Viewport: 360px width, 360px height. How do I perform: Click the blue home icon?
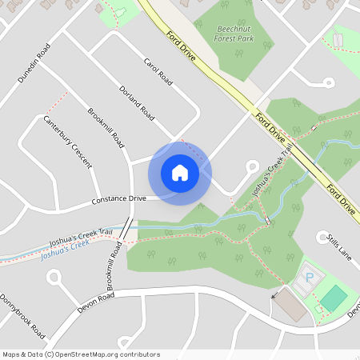(x=180, y=173)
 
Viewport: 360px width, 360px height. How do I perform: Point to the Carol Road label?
(x=158, y=71)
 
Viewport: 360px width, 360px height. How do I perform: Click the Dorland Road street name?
(x=136, y=103)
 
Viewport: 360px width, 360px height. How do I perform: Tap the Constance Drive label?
(x=119, y=198)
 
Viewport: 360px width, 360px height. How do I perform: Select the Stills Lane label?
(x=339, y=247)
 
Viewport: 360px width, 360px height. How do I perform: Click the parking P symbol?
(x=310, y=278)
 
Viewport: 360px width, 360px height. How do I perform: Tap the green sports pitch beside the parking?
(x=334, y=298)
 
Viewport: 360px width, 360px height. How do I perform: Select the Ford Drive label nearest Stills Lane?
(x=341, y=198)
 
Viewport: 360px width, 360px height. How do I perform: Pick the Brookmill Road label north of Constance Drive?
(x=106, y=128)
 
